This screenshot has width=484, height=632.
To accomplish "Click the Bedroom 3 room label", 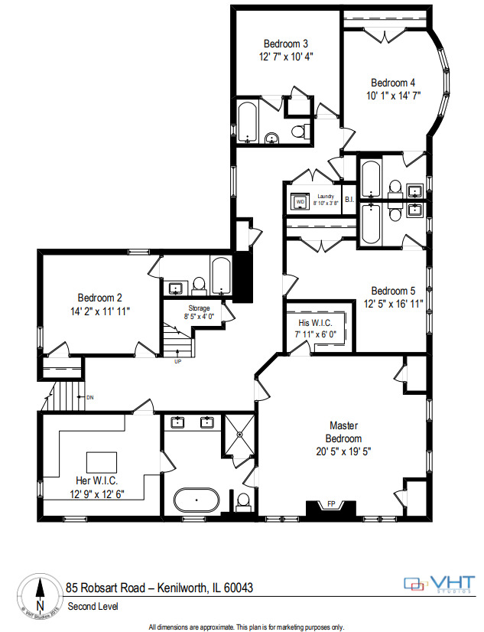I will tap(286, 44).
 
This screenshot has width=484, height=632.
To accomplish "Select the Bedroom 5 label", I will tap(393, 291).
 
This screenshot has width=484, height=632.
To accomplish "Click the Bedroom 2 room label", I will tap(99, 298).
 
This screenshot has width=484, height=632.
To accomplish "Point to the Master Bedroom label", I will tap(344, 432).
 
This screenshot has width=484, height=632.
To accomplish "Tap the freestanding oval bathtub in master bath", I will tap(197, 501).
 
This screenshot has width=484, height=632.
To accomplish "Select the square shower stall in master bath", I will tap(239, 435).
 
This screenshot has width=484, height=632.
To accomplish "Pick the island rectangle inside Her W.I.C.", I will tap(101, 462).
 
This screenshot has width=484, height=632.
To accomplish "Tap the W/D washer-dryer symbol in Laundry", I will tap(300, 202).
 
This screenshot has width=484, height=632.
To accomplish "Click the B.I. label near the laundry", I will tap(349, 200).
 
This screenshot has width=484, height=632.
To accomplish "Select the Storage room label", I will tap(194, 308).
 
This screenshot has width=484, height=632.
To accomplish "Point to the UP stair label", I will tap(177, 361).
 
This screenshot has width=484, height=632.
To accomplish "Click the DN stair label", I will tap(89, 397).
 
